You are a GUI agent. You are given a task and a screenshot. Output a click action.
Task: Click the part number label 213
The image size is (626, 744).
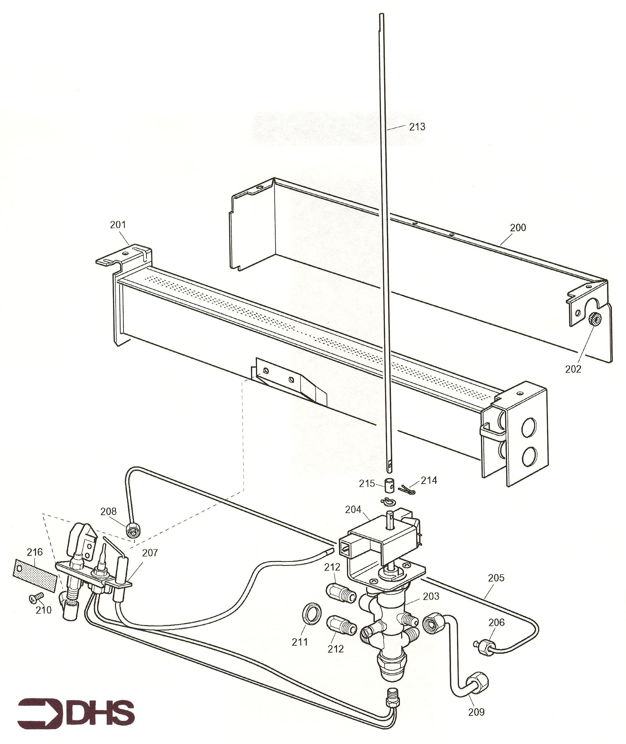pyautogui.click(x=417, y=127)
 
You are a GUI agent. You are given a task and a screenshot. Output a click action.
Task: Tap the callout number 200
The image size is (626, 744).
pyautogui.click(x=518, y=227)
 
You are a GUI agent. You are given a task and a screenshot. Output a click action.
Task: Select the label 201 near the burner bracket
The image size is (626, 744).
pyautogui.click(x=118, y=225)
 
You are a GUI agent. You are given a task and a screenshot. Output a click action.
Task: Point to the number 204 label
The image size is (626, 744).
pyautogui.click(x=353, y=510)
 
